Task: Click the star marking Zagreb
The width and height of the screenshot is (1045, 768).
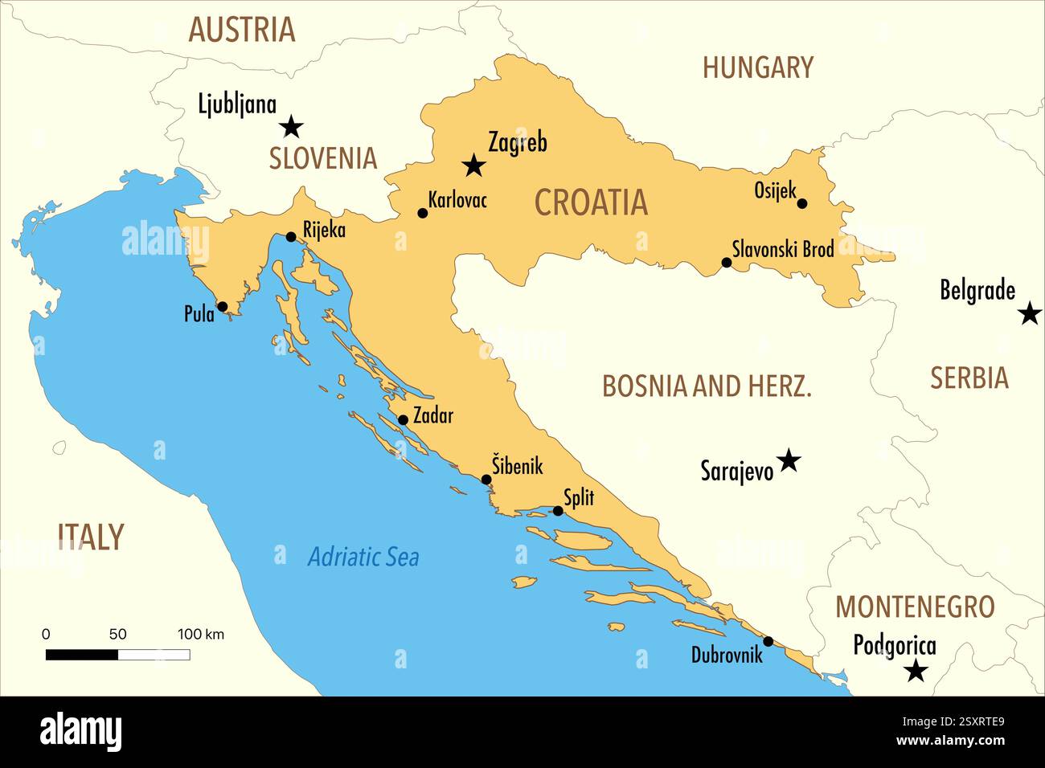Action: click(x=474, y=166)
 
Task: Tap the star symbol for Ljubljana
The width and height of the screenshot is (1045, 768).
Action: click(x=292, y=126)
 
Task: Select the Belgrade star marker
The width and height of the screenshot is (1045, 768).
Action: click(x=1030, y=313)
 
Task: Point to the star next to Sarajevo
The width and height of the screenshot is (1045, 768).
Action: click(x=789, y=460)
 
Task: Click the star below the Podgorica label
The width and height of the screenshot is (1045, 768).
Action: click(x=916, y=670)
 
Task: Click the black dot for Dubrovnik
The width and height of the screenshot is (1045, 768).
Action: click(x=768, y=641)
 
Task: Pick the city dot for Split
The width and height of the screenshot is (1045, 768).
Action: click(x=558, y=511)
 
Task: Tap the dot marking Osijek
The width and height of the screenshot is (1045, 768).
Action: click(x=801, y=203)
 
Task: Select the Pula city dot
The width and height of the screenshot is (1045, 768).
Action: click(x=222, y=306)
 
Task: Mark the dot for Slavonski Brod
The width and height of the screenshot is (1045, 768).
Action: click(x=727, y=263)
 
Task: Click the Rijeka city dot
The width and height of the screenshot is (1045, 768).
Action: click(x=291, y=237)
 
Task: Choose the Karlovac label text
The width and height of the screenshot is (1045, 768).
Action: click(x=457, y=199)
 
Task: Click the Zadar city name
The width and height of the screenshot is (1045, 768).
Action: click(x=432, y=415)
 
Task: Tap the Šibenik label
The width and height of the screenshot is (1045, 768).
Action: click(x=518, y=465)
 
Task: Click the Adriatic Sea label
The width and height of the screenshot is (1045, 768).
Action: click(x=363, y=557)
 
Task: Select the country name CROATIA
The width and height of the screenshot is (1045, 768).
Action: click(x=591, y=202)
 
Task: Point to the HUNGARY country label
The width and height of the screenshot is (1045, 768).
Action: click(x=757, y=67)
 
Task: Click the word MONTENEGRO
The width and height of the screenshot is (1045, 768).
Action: click(x=915, y=607)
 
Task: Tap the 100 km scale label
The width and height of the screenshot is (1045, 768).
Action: click(x=200, y=634)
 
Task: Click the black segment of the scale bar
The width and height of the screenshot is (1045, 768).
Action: click(x=82, y=655)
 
